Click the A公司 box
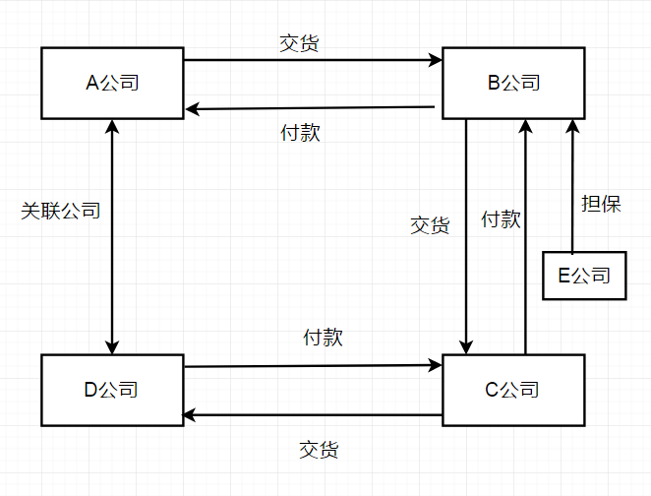point(113,82)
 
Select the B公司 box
point(514,82)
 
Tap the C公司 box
point(514,390)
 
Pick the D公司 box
point(113,390)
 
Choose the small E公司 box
point(584,275)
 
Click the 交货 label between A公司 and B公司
point(299,44)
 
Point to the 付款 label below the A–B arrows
point(300,133)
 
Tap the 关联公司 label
point(61,211)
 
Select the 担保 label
point(601,204)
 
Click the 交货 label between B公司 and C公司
point(430,224)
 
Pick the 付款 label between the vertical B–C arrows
point(501,218)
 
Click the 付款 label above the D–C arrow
point(323,337)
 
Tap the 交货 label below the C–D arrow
point(319,450)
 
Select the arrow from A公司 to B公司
point(313,61)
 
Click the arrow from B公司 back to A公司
point(313,107)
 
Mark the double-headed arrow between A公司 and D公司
point(113,236)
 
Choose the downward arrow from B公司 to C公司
point(466,236)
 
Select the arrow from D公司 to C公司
point(313,366)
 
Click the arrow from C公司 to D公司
point(313,415)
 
